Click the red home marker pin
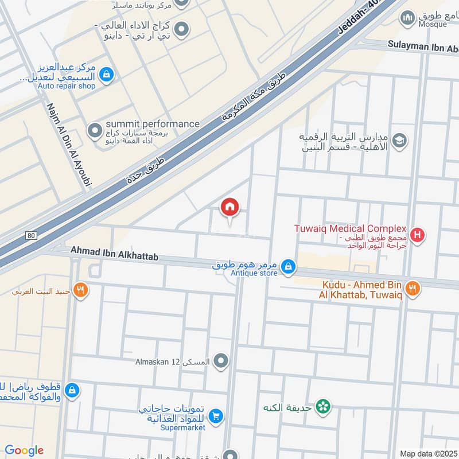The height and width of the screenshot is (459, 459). coord(230,207)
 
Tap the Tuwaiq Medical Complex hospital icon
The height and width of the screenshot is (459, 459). coord(418,235)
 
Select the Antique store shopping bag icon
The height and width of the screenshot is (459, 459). coord(289,266)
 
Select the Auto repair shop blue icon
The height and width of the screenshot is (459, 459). coord(106,74)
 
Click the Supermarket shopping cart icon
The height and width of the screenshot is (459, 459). coord(216,416)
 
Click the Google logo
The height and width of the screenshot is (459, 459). coord(24,450)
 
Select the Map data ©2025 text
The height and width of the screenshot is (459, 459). coord(427,454)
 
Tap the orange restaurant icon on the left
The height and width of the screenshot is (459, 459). coord(81,290)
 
